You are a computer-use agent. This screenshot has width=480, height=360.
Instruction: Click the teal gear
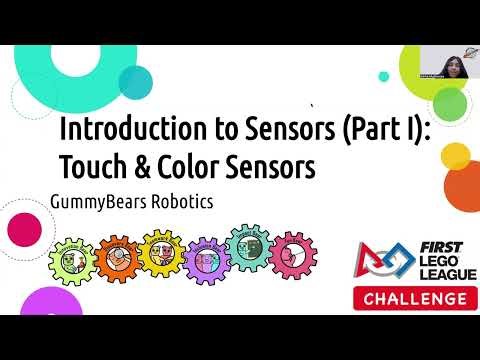[x=246, y=249]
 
